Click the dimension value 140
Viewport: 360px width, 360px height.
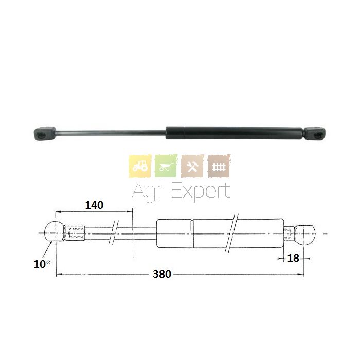coord(94,205)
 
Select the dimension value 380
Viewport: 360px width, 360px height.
coord(162,274)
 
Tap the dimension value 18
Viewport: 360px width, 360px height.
coord(293,258)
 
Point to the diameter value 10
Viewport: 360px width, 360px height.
coord(40,264)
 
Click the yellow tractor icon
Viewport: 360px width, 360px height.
coord(140,166)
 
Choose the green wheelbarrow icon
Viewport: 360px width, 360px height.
coord(166,166)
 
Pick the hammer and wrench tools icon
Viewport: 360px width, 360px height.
coord(192,166)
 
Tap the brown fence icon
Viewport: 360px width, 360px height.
coord(219,166)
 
